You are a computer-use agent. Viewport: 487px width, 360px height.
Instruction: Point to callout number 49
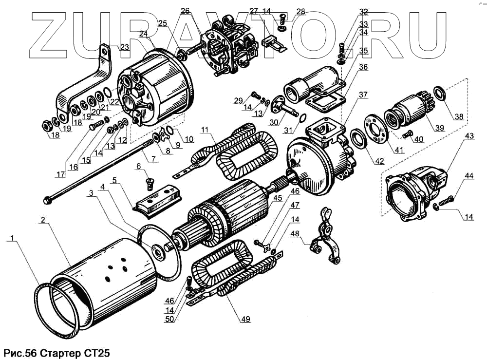(244, 320)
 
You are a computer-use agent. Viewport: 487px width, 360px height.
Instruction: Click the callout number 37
(364, 95)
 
